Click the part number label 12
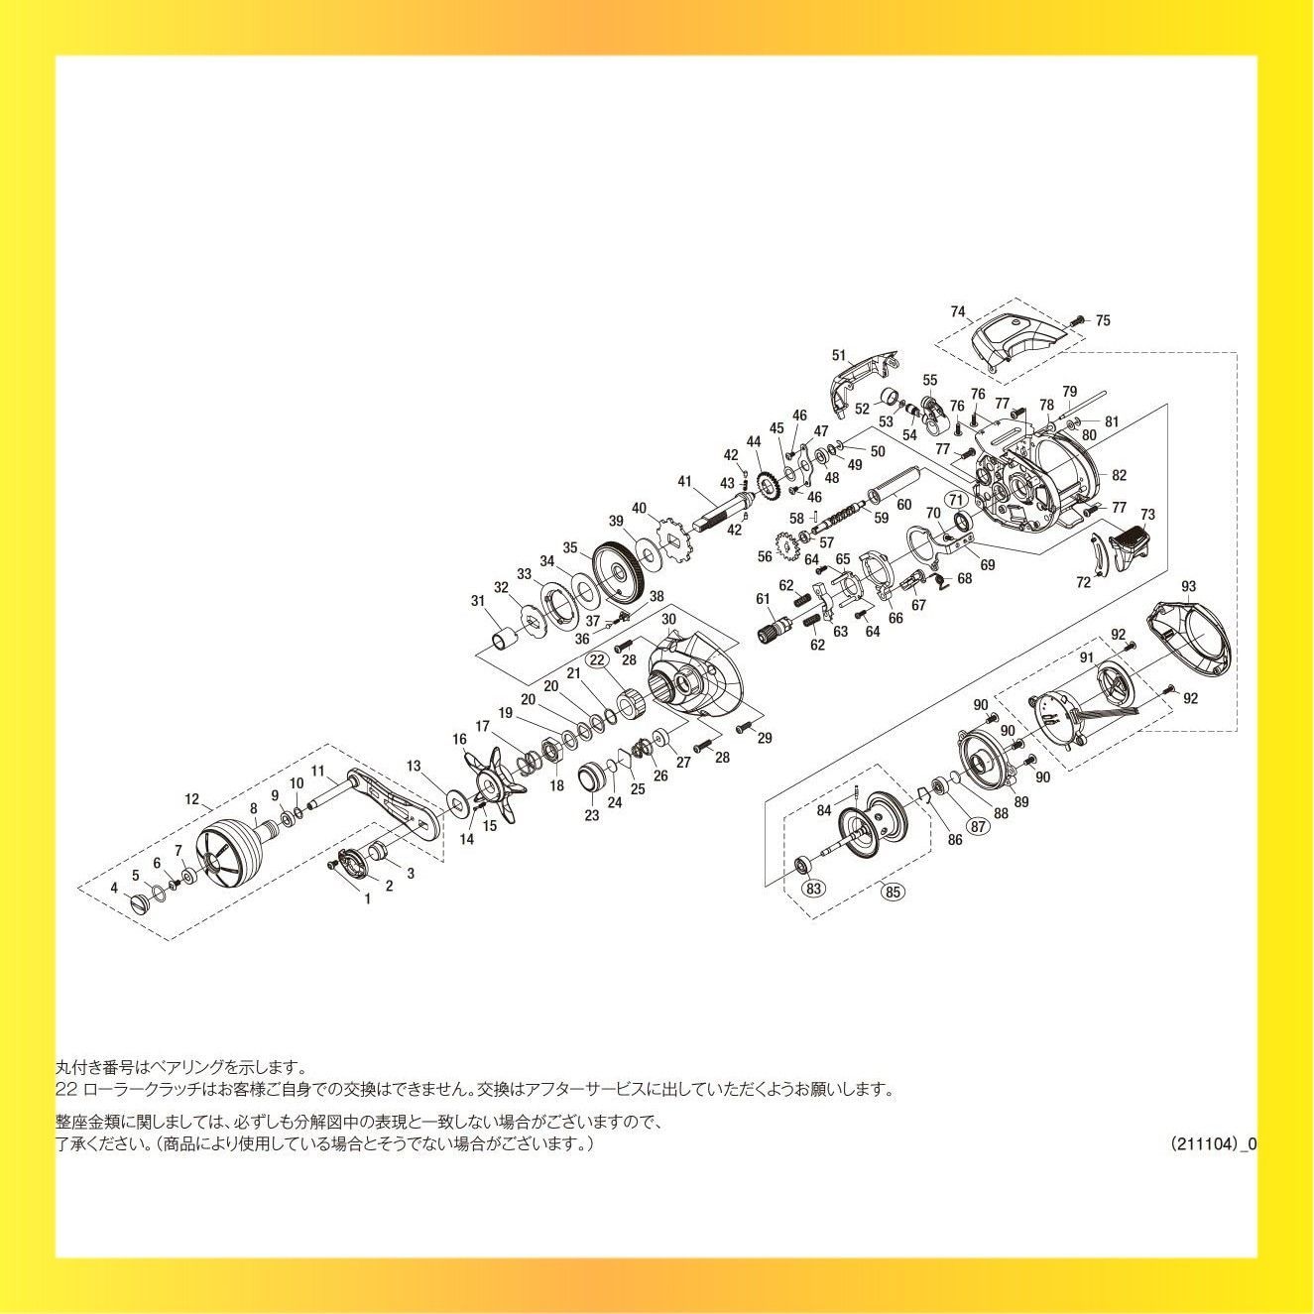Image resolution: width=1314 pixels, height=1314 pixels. (192, 799)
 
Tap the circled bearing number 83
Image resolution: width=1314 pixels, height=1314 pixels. (813, 889)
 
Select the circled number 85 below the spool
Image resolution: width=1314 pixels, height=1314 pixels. (893, 891)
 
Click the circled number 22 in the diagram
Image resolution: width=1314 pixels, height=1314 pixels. (597, 659)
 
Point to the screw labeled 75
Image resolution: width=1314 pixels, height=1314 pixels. (1078, 320)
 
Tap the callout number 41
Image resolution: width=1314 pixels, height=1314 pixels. (684, 481)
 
